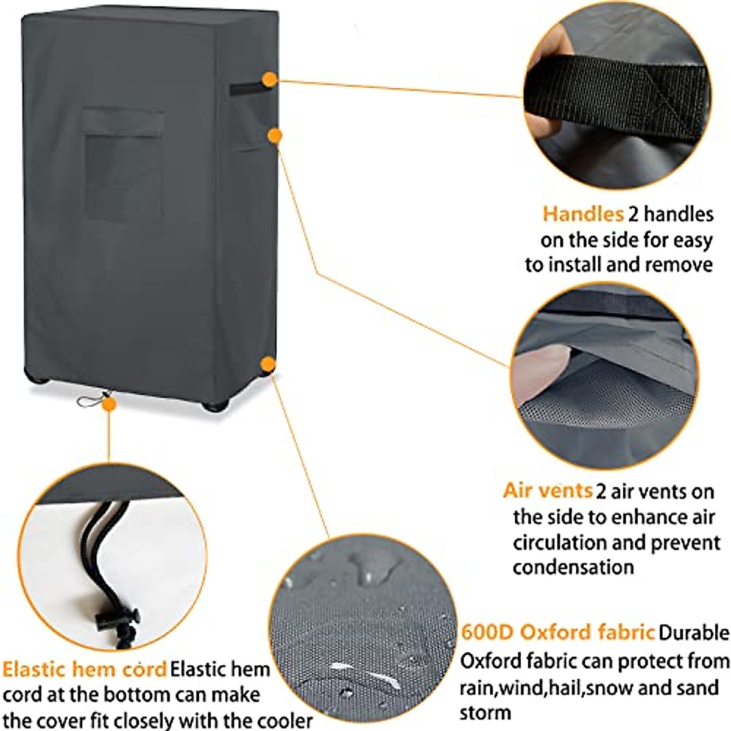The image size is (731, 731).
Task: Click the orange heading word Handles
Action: coord(583,214)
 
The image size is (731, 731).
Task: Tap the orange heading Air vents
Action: coord(548,490)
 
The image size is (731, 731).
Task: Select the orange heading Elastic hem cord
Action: coord(85,669)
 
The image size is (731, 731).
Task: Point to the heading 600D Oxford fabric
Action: coord(557,632)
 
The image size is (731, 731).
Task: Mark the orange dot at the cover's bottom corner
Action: coord(267,364)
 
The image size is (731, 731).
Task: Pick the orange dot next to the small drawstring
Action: coord(109,404)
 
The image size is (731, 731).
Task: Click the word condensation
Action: coord(573,567)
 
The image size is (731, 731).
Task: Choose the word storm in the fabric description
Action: coord(485,713)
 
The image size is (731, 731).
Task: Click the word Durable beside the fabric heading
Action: coord(694,633)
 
